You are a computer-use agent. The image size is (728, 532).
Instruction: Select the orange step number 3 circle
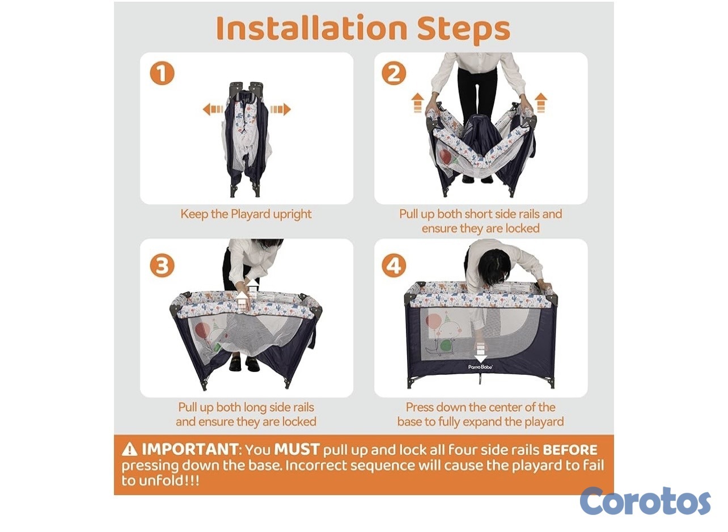coord(162,265)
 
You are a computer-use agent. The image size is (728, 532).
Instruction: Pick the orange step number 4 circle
coord(393,265)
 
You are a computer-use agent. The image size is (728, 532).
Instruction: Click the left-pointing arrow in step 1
coord(213,109)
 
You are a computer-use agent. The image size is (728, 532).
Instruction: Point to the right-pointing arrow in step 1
coord(281,109)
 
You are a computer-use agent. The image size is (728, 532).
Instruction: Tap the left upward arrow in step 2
coord(418,103)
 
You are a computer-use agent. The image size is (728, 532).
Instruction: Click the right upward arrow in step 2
coord(541,103)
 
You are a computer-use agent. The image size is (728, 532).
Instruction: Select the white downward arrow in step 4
coord(481,352)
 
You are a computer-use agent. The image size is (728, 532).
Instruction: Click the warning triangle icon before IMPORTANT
coord(129,449)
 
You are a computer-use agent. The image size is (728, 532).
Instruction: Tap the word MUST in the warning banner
coord(297,449)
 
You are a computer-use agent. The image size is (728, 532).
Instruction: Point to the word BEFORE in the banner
coord(570,450)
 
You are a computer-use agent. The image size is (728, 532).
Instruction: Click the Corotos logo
coord(645,501)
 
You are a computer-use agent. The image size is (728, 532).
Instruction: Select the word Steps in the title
coord(463,30)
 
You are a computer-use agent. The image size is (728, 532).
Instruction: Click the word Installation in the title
coord(311,28)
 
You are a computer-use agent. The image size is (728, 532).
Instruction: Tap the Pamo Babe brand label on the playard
coord(480,367)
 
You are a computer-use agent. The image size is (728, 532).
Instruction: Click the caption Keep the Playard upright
coord(246,214)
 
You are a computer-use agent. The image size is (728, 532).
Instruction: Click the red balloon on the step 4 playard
coord(433,322)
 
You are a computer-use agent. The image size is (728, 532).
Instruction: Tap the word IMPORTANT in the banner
coord(190,449)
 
